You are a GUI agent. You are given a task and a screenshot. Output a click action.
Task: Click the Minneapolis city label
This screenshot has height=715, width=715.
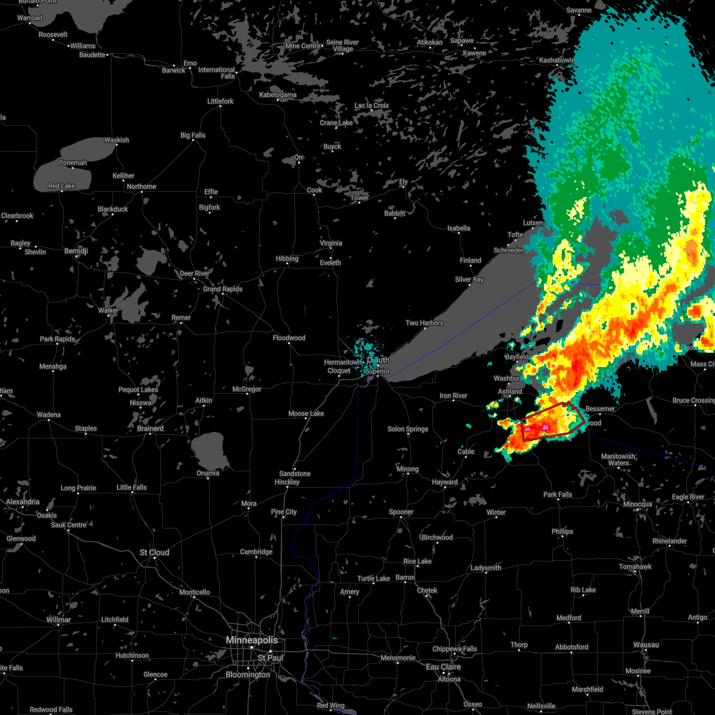(251, 640)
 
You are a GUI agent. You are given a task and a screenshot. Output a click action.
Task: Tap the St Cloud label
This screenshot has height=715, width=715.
(154, 553)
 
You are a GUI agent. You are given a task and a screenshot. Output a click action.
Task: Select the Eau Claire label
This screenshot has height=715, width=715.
(443, 667)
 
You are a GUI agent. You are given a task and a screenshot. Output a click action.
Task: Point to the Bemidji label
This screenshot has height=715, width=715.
(76, 251)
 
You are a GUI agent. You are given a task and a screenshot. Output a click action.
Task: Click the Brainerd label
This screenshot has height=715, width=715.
(150, 428)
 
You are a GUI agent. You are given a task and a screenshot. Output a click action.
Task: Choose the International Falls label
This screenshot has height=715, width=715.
(216, 73)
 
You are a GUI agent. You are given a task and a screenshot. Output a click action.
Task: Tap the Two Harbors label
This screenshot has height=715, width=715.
(424, 323)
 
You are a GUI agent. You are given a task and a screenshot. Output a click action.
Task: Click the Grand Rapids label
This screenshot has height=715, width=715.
(223, 289)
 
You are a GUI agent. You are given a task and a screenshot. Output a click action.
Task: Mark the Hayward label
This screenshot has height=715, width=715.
(444, 482)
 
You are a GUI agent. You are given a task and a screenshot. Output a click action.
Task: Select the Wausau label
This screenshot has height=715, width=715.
(646, 645)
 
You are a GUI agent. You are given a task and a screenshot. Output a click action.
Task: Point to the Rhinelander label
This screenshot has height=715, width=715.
(670, 541)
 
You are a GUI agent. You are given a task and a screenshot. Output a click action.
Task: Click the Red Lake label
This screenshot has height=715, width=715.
(61, 186)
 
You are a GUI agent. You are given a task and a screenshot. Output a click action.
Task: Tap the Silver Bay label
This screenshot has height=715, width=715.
(469, 279)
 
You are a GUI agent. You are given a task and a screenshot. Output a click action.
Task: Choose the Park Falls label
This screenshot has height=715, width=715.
(557, 495)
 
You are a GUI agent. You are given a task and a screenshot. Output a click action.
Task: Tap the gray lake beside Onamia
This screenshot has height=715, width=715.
(209, 450)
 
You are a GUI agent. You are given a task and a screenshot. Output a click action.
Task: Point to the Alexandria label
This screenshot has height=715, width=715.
(23, 502)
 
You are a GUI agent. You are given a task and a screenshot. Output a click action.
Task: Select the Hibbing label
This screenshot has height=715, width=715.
(287, 259)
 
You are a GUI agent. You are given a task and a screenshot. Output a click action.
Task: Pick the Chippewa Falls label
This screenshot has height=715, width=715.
(454, 649)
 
